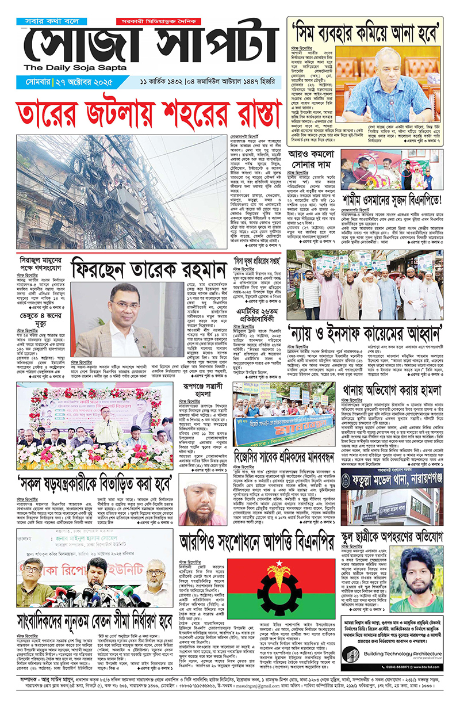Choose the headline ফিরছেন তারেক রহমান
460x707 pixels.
(151, 268)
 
